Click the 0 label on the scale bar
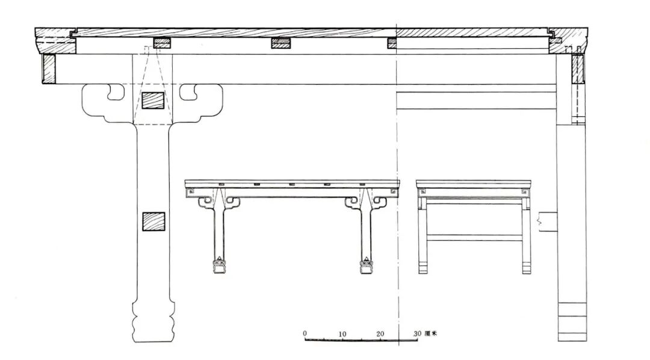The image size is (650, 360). pyautogui.click(x=305, y=334)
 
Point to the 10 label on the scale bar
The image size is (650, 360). pyautogui.click(x=342, y=334)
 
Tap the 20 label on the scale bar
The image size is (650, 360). pyautogui.click(x=380, y=334)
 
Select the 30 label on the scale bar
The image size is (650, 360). pyautogui.click(x=417, y=334)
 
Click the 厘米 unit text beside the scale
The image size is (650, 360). pyautogui.click(x=431, y=334)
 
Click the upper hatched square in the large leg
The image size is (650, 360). pyautogui.click(x=153, y=101)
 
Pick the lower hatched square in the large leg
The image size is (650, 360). pyautogui.click(x=153, y=222)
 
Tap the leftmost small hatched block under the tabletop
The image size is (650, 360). pyautogui.click(x=162, y=43)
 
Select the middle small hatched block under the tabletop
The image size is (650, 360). pyautogui.click(x=280, y=43)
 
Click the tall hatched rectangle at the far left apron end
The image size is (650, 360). pyautogui.click(x=49, y=69)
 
